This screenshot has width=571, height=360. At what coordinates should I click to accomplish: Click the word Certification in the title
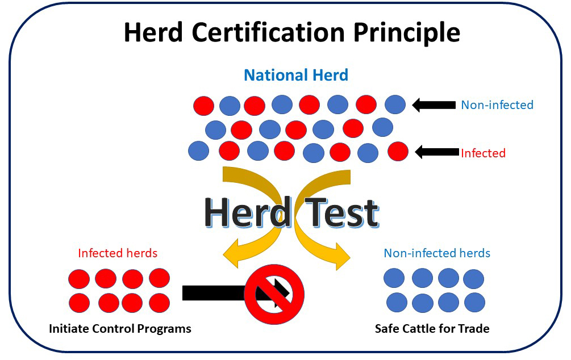click(x=268, y=32)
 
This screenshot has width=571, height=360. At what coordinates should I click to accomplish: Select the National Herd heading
click(x=296, y=76)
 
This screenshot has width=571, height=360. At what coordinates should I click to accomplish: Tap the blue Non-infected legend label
click(x=497, y=105)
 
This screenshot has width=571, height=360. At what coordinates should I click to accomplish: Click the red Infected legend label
click(x=484, y=153)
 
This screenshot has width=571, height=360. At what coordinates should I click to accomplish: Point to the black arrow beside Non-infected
click(x=434, y=105)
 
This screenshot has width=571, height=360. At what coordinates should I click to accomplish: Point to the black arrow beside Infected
click(x=437, y=152)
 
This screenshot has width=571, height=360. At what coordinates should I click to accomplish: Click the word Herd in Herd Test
click(x=248, y=212)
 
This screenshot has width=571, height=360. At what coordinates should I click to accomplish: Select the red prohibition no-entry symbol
click(x=274, y=294)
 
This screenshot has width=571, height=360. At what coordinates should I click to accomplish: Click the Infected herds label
click(x=118, y=253)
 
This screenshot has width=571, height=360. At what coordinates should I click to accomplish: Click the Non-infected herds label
click(x=437, y=253)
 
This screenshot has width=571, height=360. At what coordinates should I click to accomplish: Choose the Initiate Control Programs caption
click(x=120, y=329)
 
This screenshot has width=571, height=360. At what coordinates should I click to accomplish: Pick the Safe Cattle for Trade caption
click(x=432, y=329)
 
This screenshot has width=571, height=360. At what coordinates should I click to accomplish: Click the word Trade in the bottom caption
click(x=474, y=329)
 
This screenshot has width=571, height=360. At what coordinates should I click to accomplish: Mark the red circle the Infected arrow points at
click(x=398, y=152)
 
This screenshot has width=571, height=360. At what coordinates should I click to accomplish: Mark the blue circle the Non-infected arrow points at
click(x=395, y=104)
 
